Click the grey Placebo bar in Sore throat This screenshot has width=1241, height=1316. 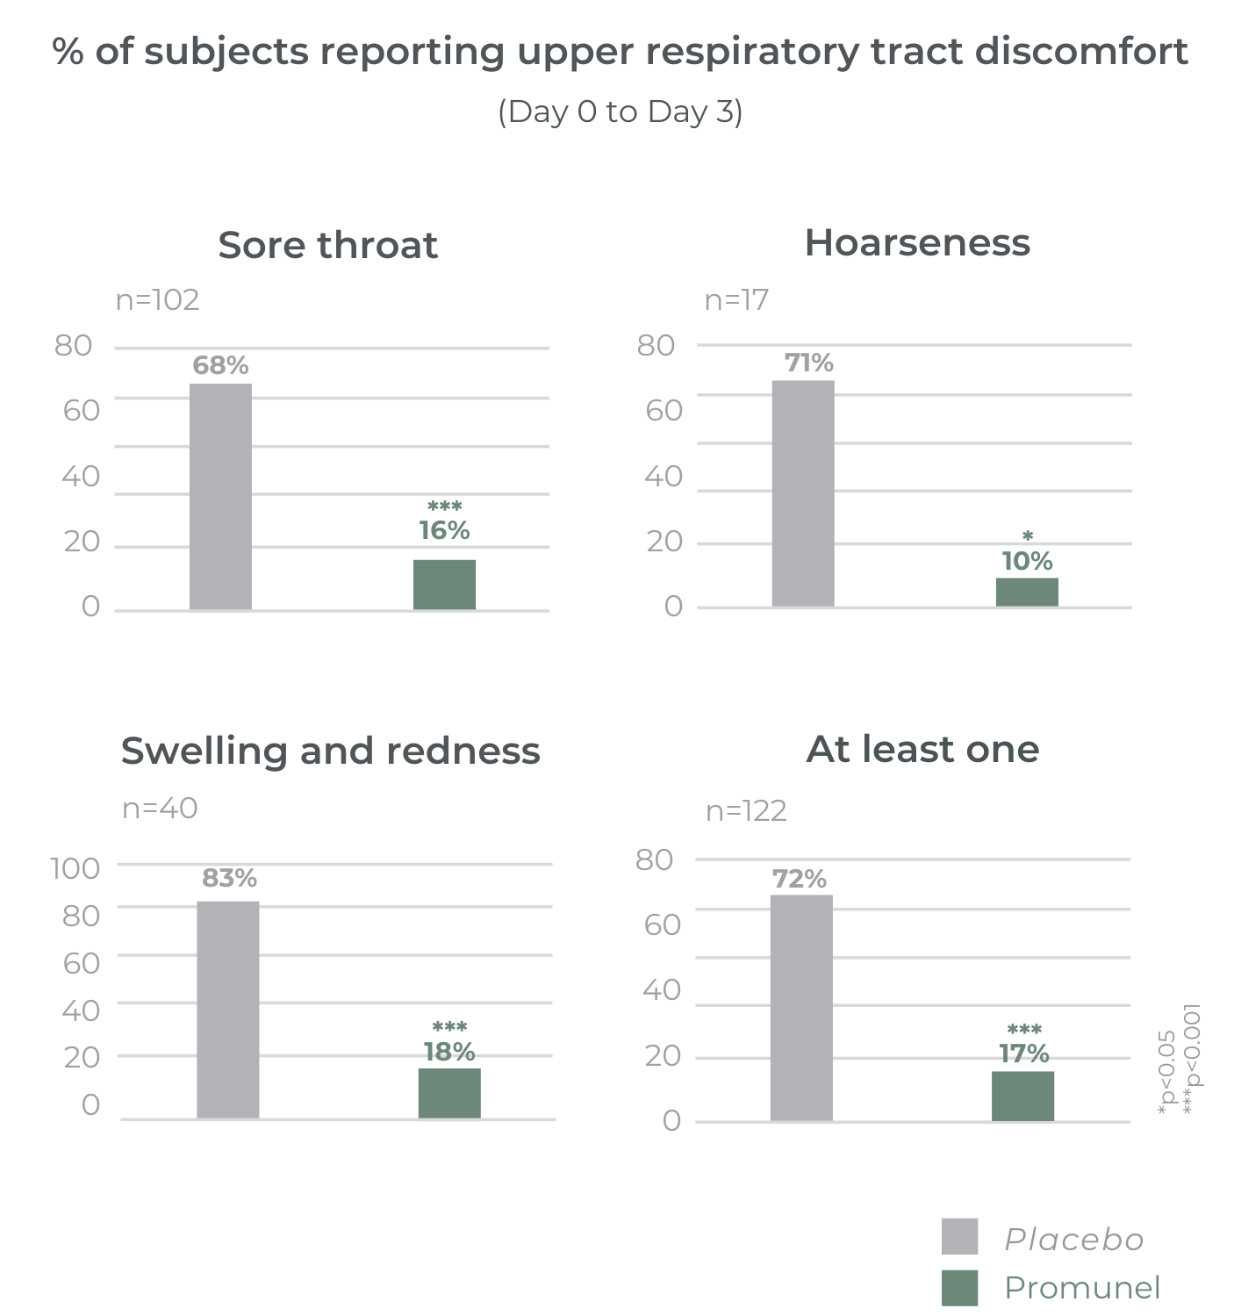coord(220,496)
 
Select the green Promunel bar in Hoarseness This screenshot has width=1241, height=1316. coord(1027,592)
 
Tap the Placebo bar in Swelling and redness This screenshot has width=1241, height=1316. coord(228,1010)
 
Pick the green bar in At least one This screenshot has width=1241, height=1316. coord(1022,1096)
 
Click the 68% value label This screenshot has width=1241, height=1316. coord(220,365)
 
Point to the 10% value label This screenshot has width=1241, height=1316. coord(1027,561)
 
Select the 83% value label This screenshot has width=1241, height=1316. coord(229,878)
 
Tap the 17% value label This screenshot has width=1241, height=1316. coord(1023,1053)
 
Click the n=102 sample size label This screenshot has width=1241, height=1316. coord(158,300)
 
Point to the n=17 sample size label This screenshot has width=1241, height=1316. coord(736,300)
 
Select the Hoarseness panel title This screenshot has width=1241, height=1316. coord(917,243)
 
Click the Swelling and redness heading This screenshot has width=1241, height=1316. coord(330,751)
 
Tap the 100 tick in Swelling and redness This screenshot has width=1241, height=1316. coord(75,868)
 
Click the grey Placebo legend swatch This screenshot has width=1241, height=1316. coord(959,1236)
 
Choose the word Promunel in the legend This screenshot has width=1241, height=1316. coord(1082,1288)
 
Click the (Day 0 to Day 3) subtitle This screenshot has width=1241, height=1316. coord(620,111)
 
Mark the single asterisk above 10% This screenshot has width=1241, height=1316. coord(1028,536)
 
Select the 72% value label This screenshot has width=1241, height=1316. coord(799,879)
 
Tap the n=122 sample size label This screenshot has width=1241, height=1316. coord(746,810)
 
